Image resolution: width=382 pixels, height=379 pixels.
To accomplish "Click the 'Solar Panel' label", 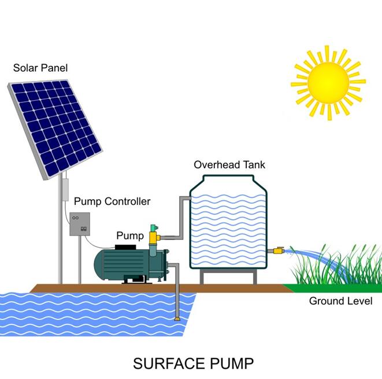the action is [40, 68].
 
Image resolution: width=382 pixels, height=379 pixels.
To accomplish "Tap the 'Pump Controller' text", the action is [112, 201].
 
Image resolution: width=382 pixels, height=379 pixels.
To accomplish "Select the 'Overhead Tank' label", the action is [229, 165].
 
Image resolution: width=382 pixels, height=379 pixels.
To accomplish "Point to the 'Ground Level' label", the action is [340, 301].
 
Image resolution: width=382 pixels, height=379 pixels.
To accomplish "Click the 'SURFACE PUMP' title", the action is [193, 363].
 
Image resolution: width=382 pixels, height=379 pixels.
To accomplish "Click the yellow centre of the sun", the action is [328, 83].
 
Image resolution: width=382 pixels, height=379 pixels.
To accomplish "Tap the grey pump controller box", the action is [80, 224].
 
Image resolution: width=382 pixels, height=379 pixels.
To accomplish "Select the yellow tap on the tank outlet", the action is [279, 250].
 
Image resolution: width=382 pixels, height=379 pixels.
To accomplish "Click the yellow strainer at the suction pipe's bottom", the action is [177, 319].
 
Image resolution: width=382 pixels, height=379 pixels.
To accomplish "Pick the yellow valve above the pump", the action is [154, 238].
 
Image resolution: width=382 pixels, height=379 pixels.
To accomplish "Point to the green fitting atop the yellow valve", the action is [154, 229].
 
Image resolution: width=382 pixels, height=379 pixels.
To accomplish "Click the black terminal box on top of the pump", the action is [125, 247].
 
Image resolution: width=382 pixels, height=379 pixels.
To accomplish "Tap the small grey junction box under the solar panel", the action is [65, 190].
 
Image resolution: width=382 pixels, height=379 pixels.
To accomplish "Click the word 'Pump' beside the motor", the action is [130, 236].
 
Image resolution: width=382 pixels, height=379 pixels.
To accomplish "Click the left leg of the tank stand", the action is [202, 277].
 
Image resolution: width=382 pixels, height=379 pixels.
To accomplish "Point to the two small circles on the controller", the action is [76, 218].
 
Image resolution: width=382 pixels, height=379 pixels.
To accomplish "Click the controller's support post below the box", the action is [80, 260].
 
